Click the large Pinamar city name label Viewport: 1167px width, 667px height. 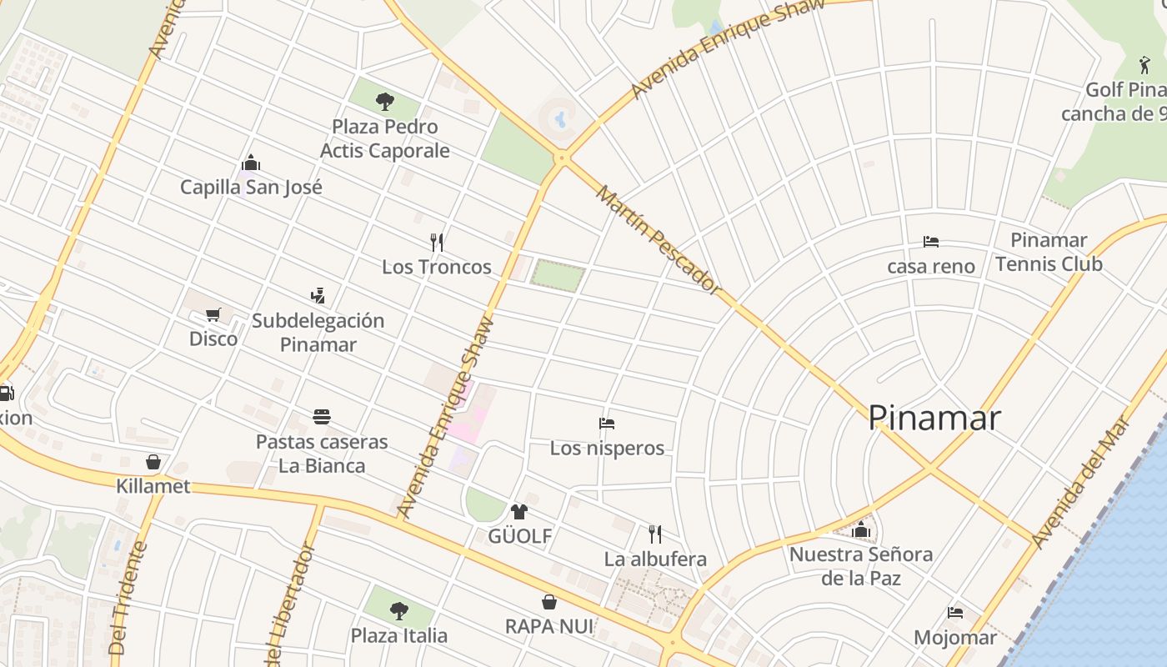click(x=934, y=417)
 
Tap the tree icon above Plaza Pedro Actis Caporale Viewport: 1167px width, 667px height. click(x=384, y=102)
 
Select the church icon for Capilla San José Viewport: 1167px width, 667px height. click(x=250, y=163)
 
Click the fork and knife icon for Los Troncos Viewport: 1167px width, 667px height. click(x=437, y=243)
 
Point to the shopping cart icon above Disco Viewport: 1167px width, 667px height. click(x=213, y=314)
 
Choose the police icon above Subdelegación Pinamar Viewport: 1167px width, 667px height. click(x=318, y=295)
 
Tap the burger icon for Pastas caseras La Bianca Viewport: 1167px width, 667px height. click(x=322, y=417)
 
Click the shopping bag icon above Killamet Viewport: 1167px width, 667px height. click(x=153, y=462)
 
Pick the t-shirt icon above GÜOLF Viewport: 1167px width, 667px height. click(x=519, y=511)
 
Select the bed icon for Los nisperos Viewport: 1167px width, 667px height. click(x=607, y=424)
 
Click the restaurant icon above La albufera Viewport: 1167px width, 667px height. click(x=655, y=534)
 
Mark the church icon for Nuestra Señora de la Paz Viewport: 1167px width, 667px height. click(x=861, y=529)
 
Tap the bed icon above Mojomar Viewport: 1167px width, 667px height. click(x=955, y=613)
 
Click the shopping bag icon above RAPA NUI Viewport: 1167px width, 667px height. click(x=549, y=602)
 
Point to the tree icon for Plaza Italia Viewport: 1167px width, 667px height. click(x=399, y=610)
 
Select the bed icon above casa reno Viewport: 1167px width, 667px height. click(x=931, y=242)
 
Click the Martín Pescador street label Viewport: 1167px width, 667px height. click(x=658, y=240)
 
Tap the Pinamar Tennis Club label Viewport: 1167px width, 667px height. click(x=1049, y=252)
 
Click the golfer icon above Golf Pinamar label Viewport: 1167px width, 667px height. click(x=1144, y=65)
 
